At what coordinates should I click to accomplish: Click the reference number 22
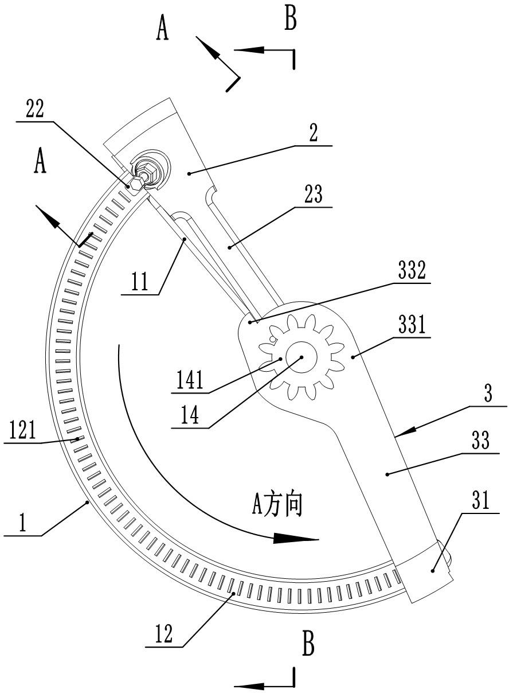tap(35, 108)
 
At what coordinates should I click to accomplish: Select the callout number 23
tap(314, 194)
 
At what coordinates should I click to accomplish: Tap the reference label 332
tap(412, 270)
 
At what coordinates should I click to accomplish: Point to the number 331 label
tap(412, 324)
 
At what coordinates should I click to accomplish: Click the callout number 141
tap(190, 380)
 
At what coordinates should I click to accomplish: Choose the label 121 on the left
tap(22, 430)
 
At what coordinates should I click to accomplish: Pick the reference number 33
tap(480, 440)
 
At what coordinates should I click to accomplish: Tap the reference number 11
tap(140, 281)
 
